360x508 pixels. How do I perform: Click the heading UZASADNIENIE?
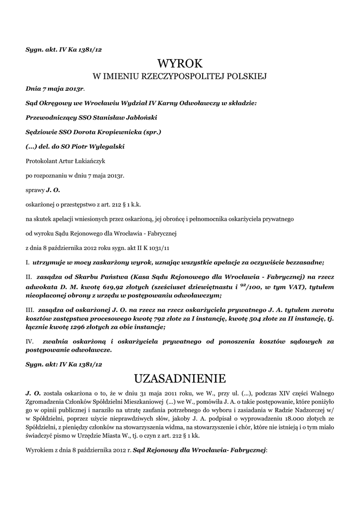click(x=180, y=379)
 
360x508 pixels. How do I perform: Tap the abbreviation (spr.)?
click(x=151, y=132)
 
